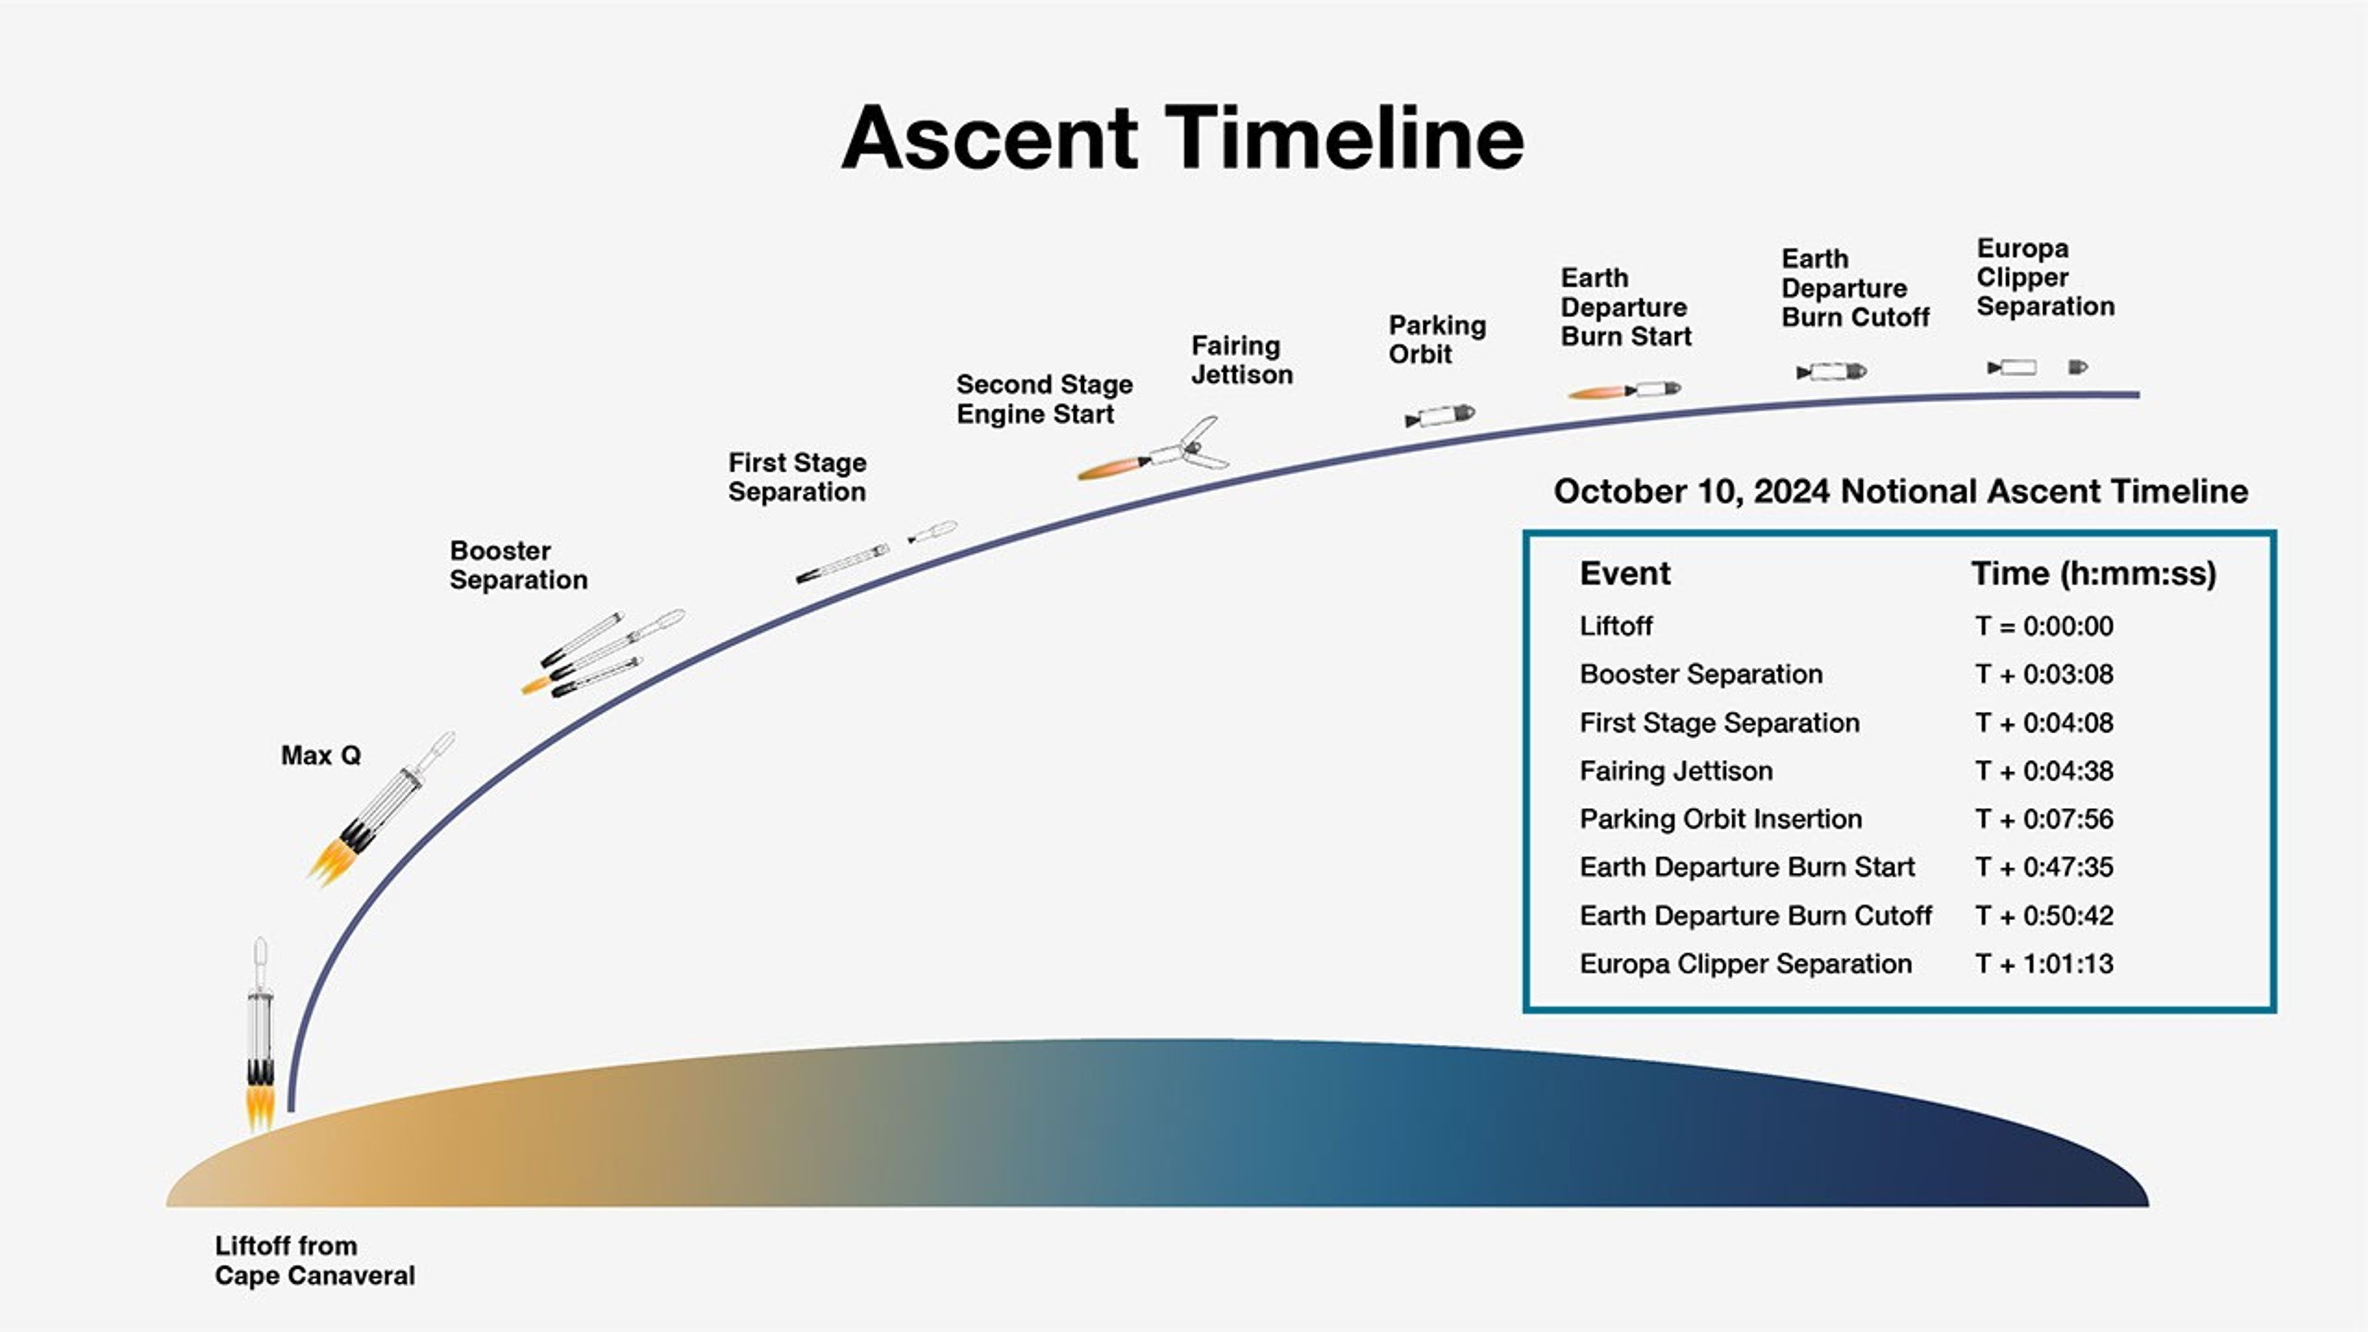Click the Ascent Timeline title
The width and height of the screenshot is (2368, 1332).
(x=1182, y=138)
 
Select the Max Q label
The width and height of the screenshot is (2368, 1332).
(x=320, y=756)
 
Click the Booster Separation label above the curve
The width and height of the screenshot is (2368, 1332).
(x=517, y=565)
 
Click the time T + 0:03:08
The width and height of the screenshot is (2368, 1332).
(x=2044, y=675)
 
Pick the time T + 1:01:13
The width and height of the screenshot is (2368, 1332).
(x=2044, y=964)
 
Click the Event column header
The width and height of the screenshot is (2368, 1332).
(x=1624, y=574)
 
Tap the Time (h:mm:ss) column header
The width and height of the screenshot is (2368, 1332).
(x=2093, y=574)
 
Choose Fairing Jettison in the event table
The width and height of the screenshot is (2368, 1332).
(x=1676, y=771)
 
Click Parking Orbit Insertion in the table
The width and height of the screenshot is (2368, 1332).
(x=1720, y=819)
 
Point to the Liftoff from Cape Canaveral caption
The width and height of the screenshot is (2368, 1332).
(x=314, y=1260)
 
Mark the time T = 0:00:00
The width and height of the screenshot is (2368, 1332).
(x=2044, y=627)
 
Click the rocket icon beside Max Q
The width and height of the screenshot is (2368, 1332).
(x=382, y=809)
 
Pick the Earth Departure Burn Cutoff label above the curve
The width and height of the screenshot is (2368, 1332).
(x=1854, y=288)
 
